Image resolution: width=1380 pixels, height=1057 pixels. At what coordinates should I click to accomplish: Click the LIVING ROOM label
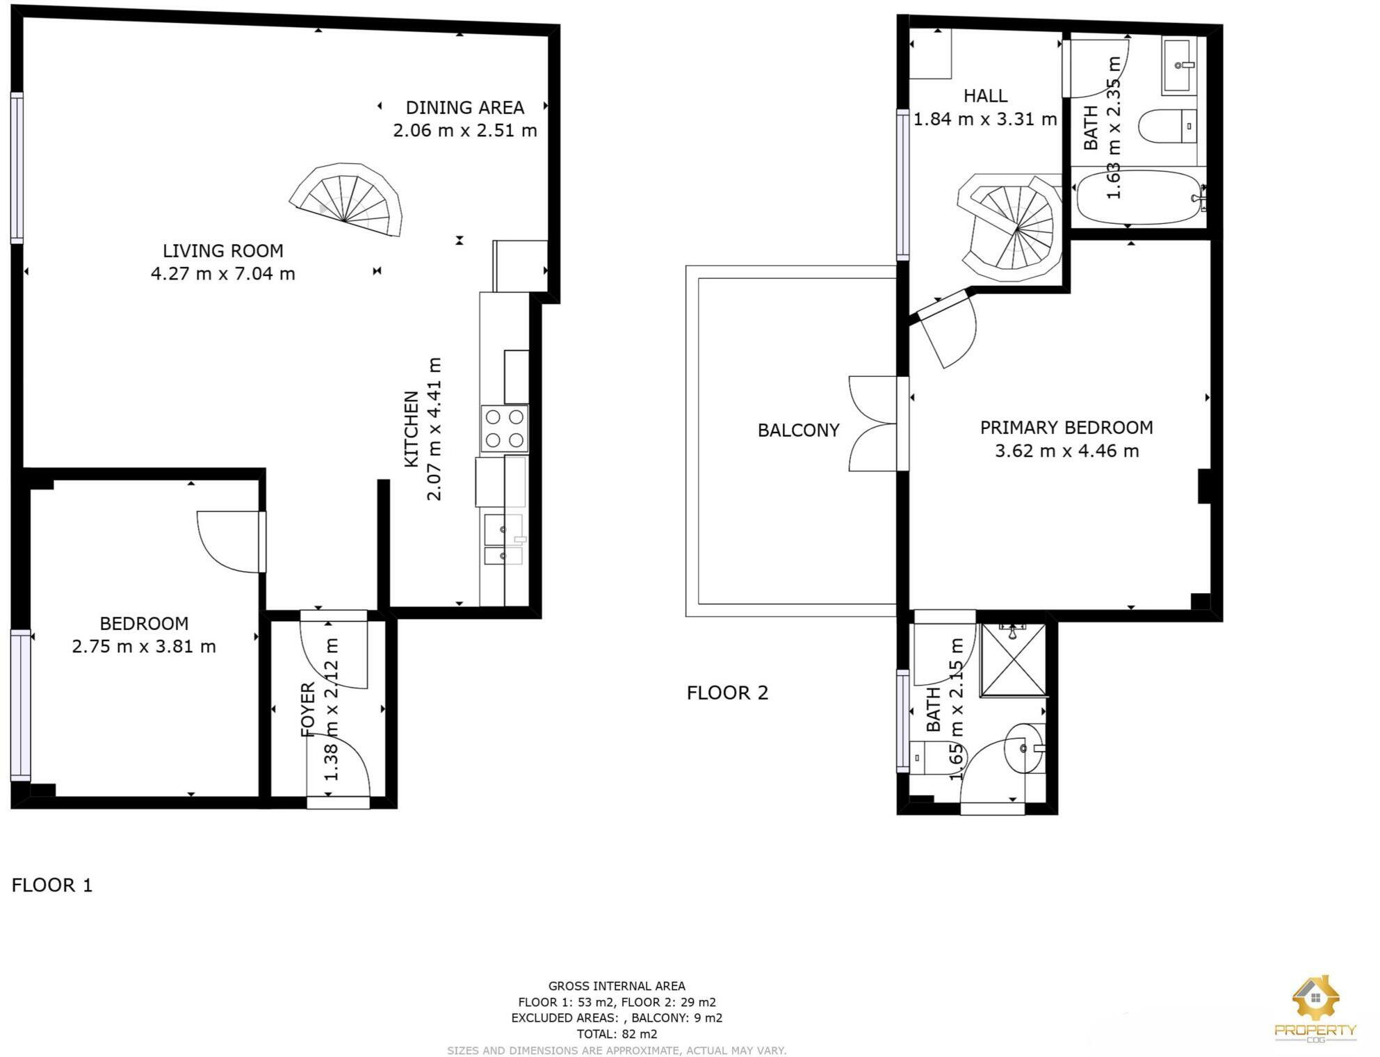click(x=222, y=250)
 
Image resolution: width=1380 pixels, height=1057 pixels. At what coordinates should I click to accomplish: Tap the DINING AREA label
click(x=464, y=108)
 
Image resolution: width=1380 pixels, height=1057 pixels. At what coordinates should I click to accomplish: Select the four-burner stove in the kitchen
click(x=505, y=428)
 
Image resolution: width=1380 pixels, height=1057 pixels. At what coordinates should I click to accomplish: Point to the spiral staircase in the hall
click(x=1012, y=227)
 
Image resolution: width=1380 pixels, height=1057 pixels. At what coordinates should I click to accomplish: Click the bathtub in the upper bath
click(x=1138, y=197)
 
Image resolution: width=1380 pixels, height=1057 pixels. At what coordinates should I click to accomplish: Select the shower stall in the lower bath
click(x=1013, y=660)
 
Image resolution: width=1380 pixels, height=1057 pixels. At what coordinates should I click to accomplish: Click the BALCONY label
click(x=798, y=430)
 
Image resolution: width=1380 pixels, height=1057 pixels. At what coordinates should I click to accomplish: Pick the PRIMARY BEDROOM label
click(x=1066, y=428)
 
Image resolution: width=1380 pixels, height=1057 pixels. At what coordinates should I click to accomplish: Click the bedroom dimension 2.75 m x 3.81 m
click(x=144, y=647)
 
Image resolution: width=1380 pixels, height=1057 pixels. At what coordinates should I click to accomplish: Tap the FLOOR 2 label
click(x=727, y=693)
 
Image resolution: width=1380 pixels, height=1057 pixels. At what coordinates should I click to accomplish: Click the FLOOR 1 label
click(x=52, y=885)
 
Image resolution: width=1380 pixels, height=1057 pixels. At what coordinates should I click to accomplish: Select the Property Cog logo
click(x=1315, y=1008)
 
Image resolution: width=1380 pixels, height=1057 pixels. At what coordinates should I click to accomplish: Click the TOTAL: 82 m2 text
click(x=617, y=1034)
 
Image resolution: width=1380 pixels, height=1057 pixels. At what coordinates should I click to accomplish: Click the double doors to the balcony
click(x=874, y=423)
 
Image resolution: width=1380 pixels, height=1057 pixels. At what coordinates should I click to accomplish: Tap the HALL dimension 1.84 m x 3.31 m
click(x=984, y=120)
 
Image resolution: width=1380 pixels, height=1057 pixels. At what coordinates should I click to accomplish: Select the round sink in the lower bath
click(x=1024, y=748)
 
